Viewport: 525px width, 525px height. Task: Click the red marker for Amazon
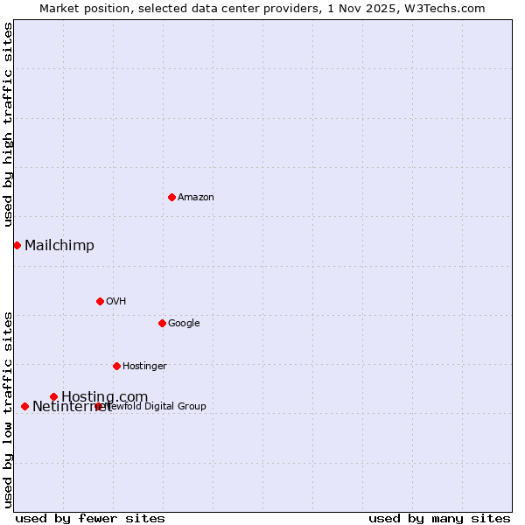coord(171,197)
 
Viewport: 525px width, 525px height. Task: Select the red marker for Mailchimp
coord(17,245)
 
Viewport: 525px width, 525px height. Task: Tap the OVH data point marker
coord(100,301)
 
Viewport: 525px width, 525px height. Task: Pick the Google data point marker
coord(162,323)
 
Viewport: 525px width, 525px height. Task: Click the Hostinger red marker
coord(116,366)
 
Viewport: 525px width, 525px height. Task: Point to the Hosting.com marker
coord(53,396)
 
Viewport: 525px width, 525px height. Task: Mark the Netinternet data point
coord(24,406)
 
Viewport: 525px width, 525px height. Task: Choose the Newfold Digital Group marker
coord(98,406)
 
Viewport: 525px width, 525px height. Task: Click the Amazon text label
coord(196,198)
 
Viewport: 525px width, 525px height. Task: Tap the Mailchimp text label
coord(59,246)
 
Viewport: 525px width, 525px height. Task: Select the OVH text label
coord(116,302)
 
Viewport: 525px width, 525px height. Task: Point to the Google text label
coord(184,324)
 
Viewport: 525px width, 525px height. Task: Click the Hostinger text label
coord(144,367)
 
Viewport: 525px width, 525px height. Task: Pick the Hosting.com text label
coord(105,397)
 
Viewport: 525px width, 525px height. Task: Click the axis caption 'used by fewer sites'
coord(90,518)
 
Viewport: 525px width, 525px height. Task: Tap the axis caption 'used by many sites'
coord(439,518)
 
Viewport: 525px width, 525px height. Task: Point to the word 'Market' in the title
coord(59,8)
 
